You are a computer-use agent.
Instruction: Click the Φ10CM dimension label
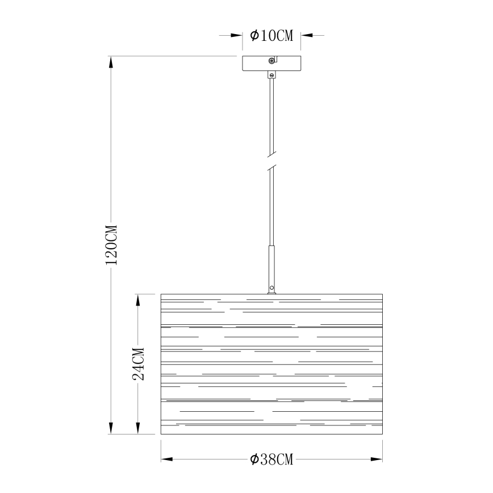pyautogui.click(x=271, y=36)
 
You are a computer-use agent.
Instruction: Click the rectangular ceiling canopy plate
pyautogui.click(x=271, y=63)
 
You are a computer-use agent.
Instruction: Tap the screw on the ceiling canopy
pyautogui.click(x=272, y=61)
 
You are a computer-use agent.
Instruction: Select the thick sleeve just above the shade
pyautogui.click(x=271, y=267)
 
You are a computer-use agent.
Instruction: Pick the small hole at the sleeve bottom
pyautogui.click(x=271, y=287)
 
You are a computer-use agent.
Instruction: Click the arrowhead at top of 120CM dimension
pyautogui.click(x=112, y=61)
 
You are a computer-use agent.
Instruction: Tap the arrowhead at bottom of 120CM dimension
pyautogui.click(x=112, y=429)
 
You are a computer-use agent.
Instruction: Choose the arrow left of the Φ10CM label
pyautogui.click(x=237, y=36)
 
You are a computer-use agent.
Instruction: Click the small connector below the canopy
pyautogui.click(x=271, y=75)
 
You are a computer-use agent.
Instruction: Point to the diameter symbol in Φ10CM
pyautogui.click(x=254, y=36)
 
